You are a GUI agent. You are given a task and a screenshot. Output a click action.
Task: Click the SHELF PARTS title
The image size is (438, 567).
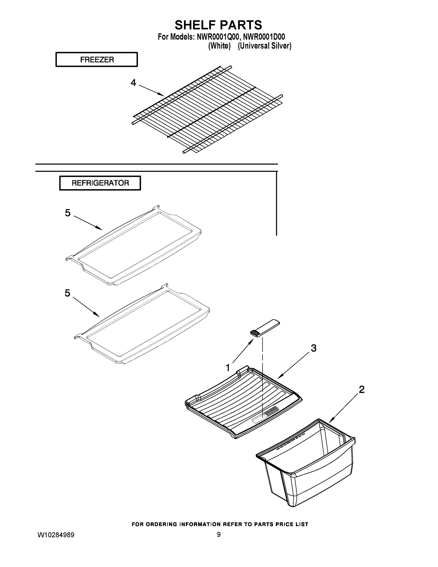tap(218, 25)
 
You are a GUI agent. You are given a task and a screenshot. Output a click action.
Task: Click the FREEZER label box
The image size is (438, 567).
tap(97, 60)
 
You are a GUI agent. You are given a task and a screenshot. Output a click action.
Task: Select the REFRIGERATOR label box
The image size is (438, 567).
tap(100, 183)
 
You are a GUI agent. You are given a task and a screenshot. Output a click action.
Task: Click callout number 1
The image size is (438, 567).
tap(228, 368)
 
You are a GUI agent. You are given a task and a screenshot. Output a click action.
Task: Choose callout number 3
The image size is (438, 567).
tap(314, 348)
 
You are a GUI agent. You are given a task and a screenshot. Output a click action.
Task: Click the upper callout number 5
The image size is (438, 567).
tap(68, 213)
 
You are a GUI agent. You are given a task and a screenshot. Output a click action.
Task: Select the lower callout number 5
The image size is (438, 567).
tap(67, 293)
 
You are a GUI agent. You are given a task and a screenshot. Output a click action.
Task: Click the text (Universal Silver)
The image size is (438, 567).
tap(264, 46)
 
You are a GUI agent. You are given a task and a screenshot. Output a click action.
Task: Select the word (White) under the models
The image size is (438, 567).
tap(219, 46)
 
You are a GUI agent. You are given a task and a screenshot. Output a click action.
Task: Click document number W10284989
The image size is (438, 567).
tap(56, 535)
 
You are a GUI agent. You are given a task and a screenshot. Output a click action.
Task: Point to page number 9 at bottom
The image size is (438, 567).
tap(219, 535)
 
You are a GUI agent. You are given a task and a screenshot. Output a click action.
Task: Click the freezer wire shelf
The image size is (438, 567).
tap(208, 109)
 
